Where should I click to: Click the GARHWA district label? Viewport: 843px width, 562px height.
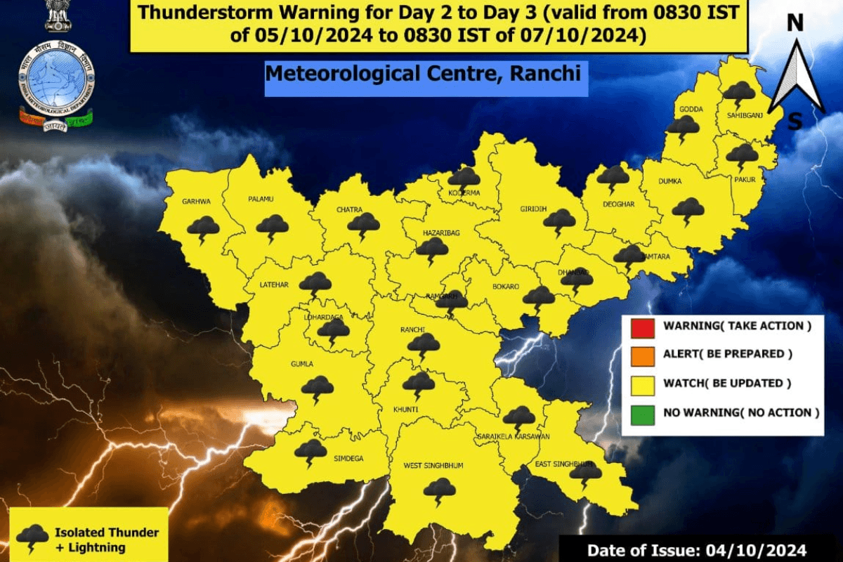point(197,202)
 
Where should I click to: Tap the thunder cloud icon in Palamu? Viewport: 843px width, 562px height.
point(272,227)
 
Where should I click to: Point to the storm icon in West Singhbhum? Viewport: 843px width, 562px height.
point(440,490)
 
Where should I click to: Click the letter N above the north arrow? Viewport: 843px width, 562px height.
point(795,23)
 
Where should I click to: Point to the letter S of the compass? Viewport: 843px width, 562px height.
point(795,122)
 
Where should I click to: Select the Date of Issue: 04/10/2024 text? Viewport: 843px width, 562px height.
point(696,549)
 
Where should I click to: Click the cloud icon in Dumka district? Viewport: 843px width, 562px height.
point(688,209)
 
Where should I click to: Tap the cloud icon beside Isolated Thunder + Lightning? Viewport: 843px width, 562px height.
point(32,537)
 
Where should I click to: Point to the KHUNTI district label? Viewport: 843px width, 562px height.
point(406,409)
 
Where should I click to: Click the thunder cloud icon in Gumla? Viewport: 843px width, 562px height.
point(318,387)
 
